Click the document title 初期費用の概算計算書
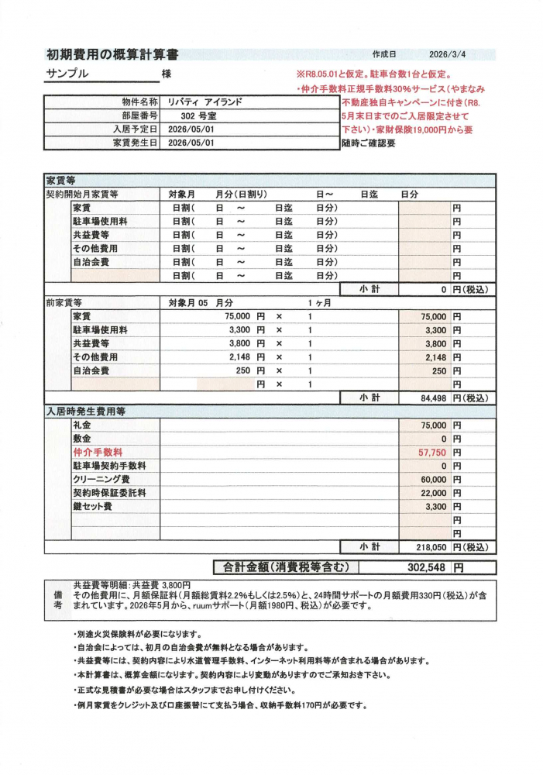pyautogui.click(x=113, y=54)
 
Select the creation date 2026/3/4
pyautogui.click(x=452, y=55)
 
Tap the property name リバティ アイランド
pyautogui.click(x=206, y=102)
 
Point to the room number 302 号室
pyautogui.click(x=187, y=115)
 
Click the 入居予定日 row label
pyautogui.click(x=135, y=129)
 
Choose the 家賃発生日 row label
pyautogui.click(x=135, y=143)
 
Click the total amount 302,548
pyautogui.click(x=425, y=567)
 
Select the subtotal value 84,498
pyautogui.click(x=431, y=398)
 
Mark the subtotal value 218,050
pyautogui.click(x=429, y=546)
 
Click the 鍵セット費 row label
pyautogui.click(x=92, y=506)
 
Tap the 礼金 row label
pyautogui.click(x=81, y=425)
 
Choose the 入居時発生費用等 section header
pyautogui.click(x=85, y=412)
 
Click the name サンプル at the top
pyautogui.click(x=67, y=74)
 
